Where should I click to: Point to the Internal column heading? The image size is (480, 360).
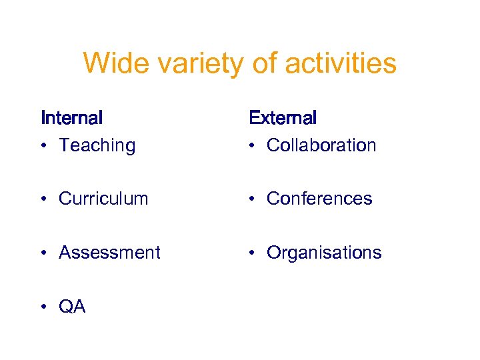click(71, 118)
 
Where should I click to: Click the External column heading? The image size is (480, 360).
click(283, 118)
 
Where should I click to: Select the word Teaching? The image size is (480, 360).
click(97, 145)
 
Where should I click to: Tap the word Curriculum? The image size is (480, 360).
click(103, 199)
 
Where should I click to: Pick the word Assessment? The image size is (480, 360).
click(109, 253)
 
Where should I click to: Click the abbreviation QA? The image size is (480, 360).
click(72, 307)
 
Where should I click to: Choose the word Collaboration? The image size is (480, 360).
click(321, 145)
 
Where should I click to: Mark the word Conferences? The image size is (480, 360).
click(319, 199)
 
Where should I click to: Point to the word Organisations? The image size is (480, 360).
click(324, 253)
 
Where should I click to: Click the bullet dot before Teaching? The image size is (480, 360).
click(43, 146)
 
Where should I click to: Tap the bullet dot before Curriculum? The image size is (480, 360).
click(43, 199)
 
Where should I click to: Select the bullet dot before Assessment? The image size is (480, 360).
click(43, 253)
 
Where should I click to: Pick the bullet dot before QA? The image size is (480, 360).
click(43, 307)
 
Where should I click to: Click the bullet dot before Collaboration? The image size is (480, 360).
click(251, 146)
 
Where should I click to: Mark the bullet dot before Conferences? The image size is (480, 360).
click(251, 199)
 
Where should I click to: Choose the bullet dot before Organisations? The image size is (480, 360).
click(251, 253)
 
